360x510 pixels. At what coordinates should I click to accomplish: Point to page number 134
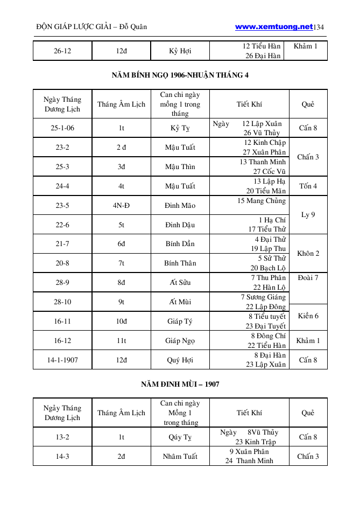(x=320, y=26)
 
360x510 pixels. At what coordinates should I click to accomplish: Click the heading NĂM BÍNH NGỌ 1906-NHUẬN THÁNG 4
(x=180, y=75)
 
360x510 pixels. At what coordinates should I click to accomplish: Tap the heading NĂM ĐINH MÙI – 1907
(x=180, y=384)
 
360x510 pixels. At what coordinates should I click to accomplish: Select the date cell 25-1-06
(x=62, y=128)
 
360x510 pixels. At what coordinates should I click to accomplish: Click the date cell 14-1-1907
(x=62, y=360)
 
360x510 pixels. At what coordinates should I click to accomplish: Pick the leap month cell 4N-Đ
(x=121, y=205)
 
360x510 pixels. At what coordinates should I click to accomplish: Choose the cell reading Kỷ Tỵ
(x=180, y=128)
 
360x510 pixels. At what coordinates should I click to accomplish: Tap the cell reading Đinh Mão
(x=180, y=205)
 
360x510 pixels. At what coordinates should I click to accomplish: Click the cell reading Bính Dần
(x=180, y=244)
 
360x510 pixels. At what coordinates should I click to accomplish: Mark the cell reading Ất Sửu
(x=180, y=282)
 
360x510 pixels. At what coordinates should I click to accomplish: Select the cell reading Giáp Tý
(x=180, y=321)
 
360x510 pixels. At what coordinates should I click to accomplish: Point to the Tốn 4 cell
(x=308, y=186)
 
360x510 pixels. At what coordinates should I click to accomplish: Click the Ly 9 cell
(x=308, y=215)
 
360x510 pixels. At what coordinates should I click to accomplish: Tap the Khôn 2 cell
(x=308, y=253)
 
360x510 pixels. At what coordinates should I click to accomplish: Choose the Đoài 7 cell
(x=308, y=278)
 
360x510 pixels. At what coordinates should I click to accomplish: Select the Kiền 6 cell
(x=308, y=316)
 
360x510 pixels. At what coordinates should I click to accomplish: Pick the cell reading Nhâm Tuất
(x=180, y=456)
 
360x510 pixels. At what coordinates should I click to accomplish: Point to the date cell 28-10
(x=62, y=302)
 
